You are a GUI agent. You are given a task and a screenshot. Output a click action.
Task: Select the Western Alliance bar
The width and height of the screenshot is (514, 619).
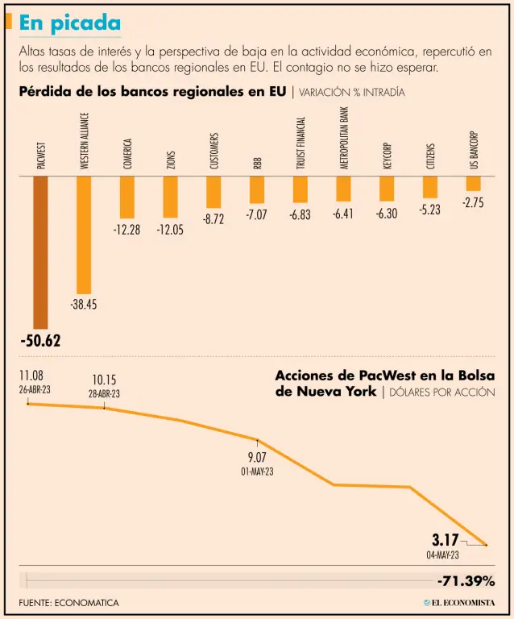(x=84, y=235)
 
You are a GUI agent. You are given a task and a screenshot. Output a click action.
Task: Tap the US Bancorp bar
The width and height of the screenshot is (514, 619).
(x=473, y=184)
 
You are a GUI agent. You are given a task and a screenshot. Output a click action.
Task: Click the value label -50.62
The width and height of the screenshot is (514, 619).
(x=40, y=341)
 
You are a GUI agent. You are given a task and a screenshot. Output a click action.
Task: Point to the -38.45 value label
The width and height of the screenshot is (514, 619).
(x=84, y=305)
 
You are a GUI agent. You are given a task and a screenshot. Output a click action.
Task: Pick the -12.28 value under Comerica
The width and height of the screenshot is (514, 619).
(x=126, y=230)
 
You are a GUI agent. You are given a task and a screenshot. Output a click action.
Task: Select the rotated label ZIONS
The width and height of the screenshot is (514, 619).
(x=171, y=160)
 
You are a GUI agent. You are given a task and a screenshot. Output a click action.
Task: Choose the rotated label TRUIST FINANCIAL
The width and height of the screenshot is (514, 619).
(x=301, y=143)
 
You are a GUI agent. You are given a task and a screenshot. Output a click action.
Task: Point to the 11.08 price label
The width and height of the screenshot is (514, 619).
(x=31, y=375)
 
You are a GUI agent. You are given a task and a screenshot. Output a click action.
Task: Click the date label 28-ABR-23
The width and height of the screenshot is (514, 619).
(x=104, y=394)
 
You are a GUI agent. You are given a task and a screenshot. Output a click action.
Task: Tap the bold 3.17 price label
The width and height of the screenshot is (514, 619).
(x=446, y=539)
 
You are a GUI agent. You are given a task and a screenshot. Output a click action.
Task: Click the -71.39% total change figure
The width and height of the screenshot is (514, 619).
(x=466, y=581)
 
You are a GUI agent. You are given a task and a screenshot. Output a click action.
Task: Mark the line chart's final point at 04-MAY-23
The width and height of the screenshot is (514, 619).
(x=487, y=546)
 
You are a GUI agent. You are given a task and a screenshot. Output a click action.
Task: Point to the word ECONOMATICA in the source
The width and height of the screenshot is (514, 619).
(x=91, y=603)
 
